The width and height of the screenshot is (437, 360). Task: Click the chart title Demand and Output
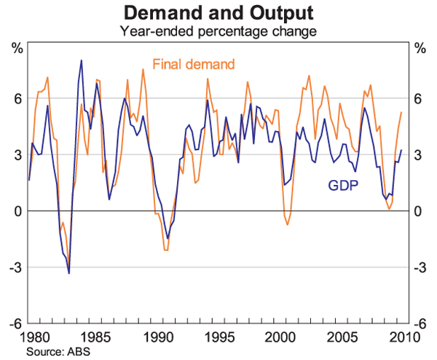[x=219, y=13]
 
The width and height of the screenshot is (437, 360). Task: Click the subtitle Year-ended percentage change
[x=219, y=31]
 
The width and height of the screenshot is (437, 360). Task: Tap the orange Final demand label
[x=194, y=63]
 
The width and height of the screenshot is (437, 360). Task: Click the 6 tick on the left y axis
[x=17, y=99]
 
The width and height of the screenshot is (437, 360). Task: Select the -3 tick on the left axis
[x=15, y=268]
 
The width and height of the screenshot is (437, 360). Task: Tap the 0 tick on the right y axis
[x=419, y=211]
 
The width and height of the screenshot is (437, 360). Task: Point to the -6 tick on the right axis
[x=421, y=324]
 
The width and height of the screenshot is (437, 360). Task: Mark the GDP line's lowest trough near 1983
[x=69, y=273]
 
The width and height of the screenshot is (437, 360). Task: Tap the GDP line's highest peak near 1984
[x=81, y=60]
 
